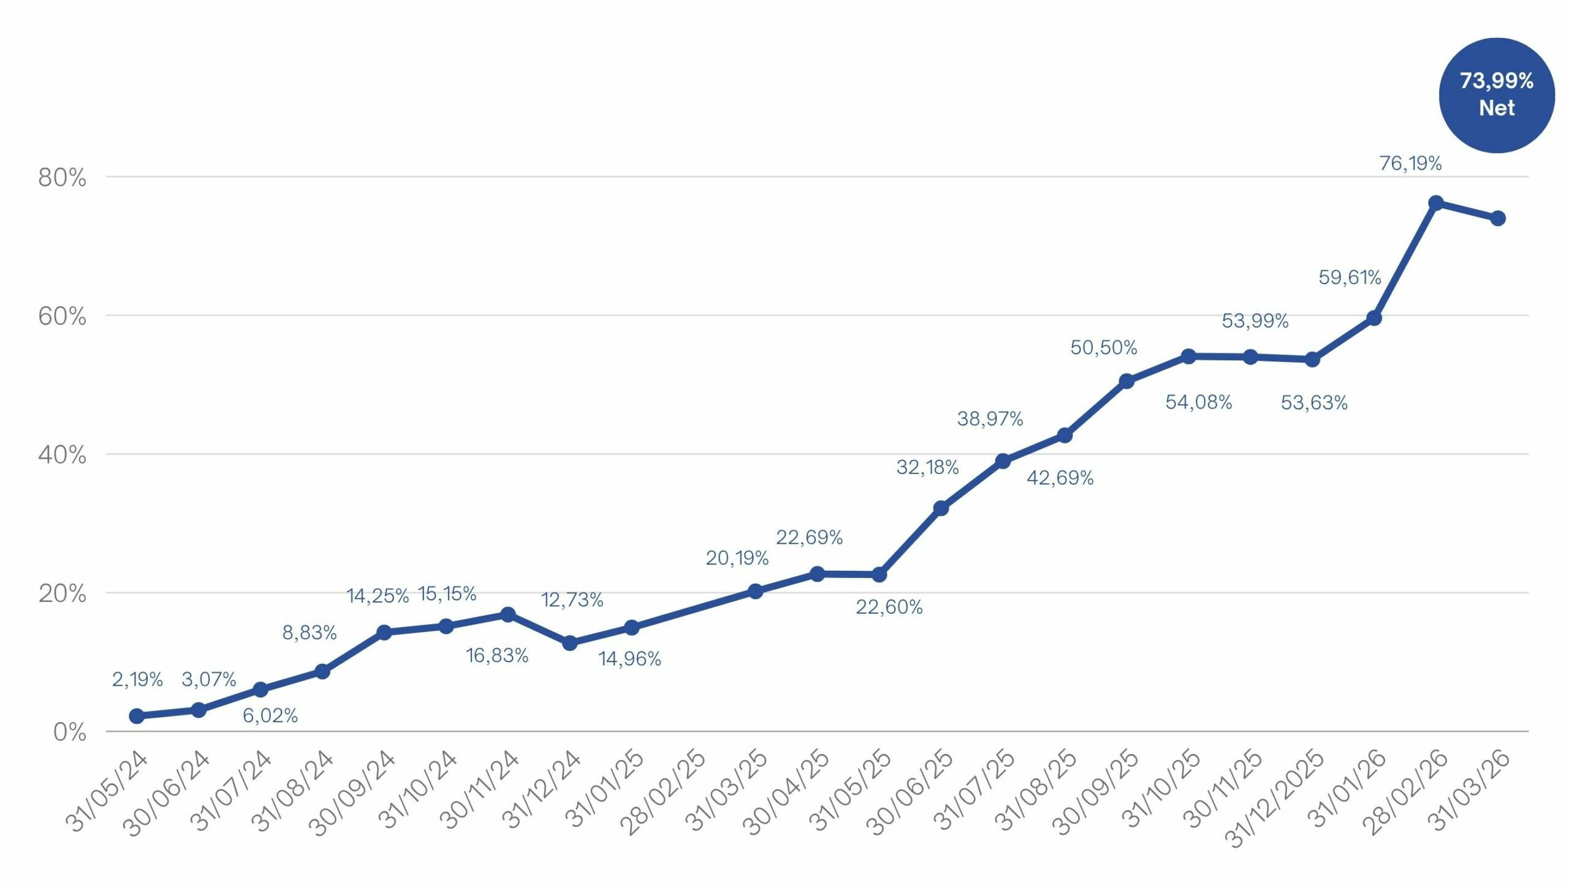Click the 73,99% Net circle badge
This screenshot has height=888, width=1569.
click(1496, 95)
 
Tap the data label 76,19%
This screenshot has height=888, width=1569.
click(1410, 164)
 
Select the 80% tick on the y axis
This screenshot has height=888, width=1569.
click(62, 178)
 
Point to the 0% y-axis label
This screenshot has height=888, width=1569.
click(69, 732)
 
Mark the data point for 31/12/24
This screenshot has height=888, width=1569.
click(569, 643)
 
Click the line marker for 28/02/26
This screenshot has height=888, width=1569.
click(1435, 203)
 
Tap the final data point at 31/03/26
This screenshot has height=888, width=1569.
click(1497, 219)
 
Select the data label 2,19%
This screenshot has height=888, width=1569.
click(137, 679)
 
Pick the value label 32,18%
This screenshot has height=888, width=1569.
click(927, 467)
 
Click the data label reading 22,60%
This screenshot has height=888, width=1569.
click(889, 607)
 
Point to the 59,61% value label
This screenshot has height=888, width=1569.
click(1350, 277)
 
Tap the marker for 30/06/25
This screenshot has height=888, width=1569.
click(941, 508)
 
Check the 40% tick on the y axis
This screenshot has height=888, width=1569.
click(62, 455)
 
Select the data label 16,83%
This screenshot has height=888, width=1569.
click(497, 655)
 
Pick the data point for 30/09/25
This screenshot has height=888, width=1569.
click(1126, 381)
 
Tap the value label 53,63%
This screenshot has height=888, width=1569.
click(1314, 403)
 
